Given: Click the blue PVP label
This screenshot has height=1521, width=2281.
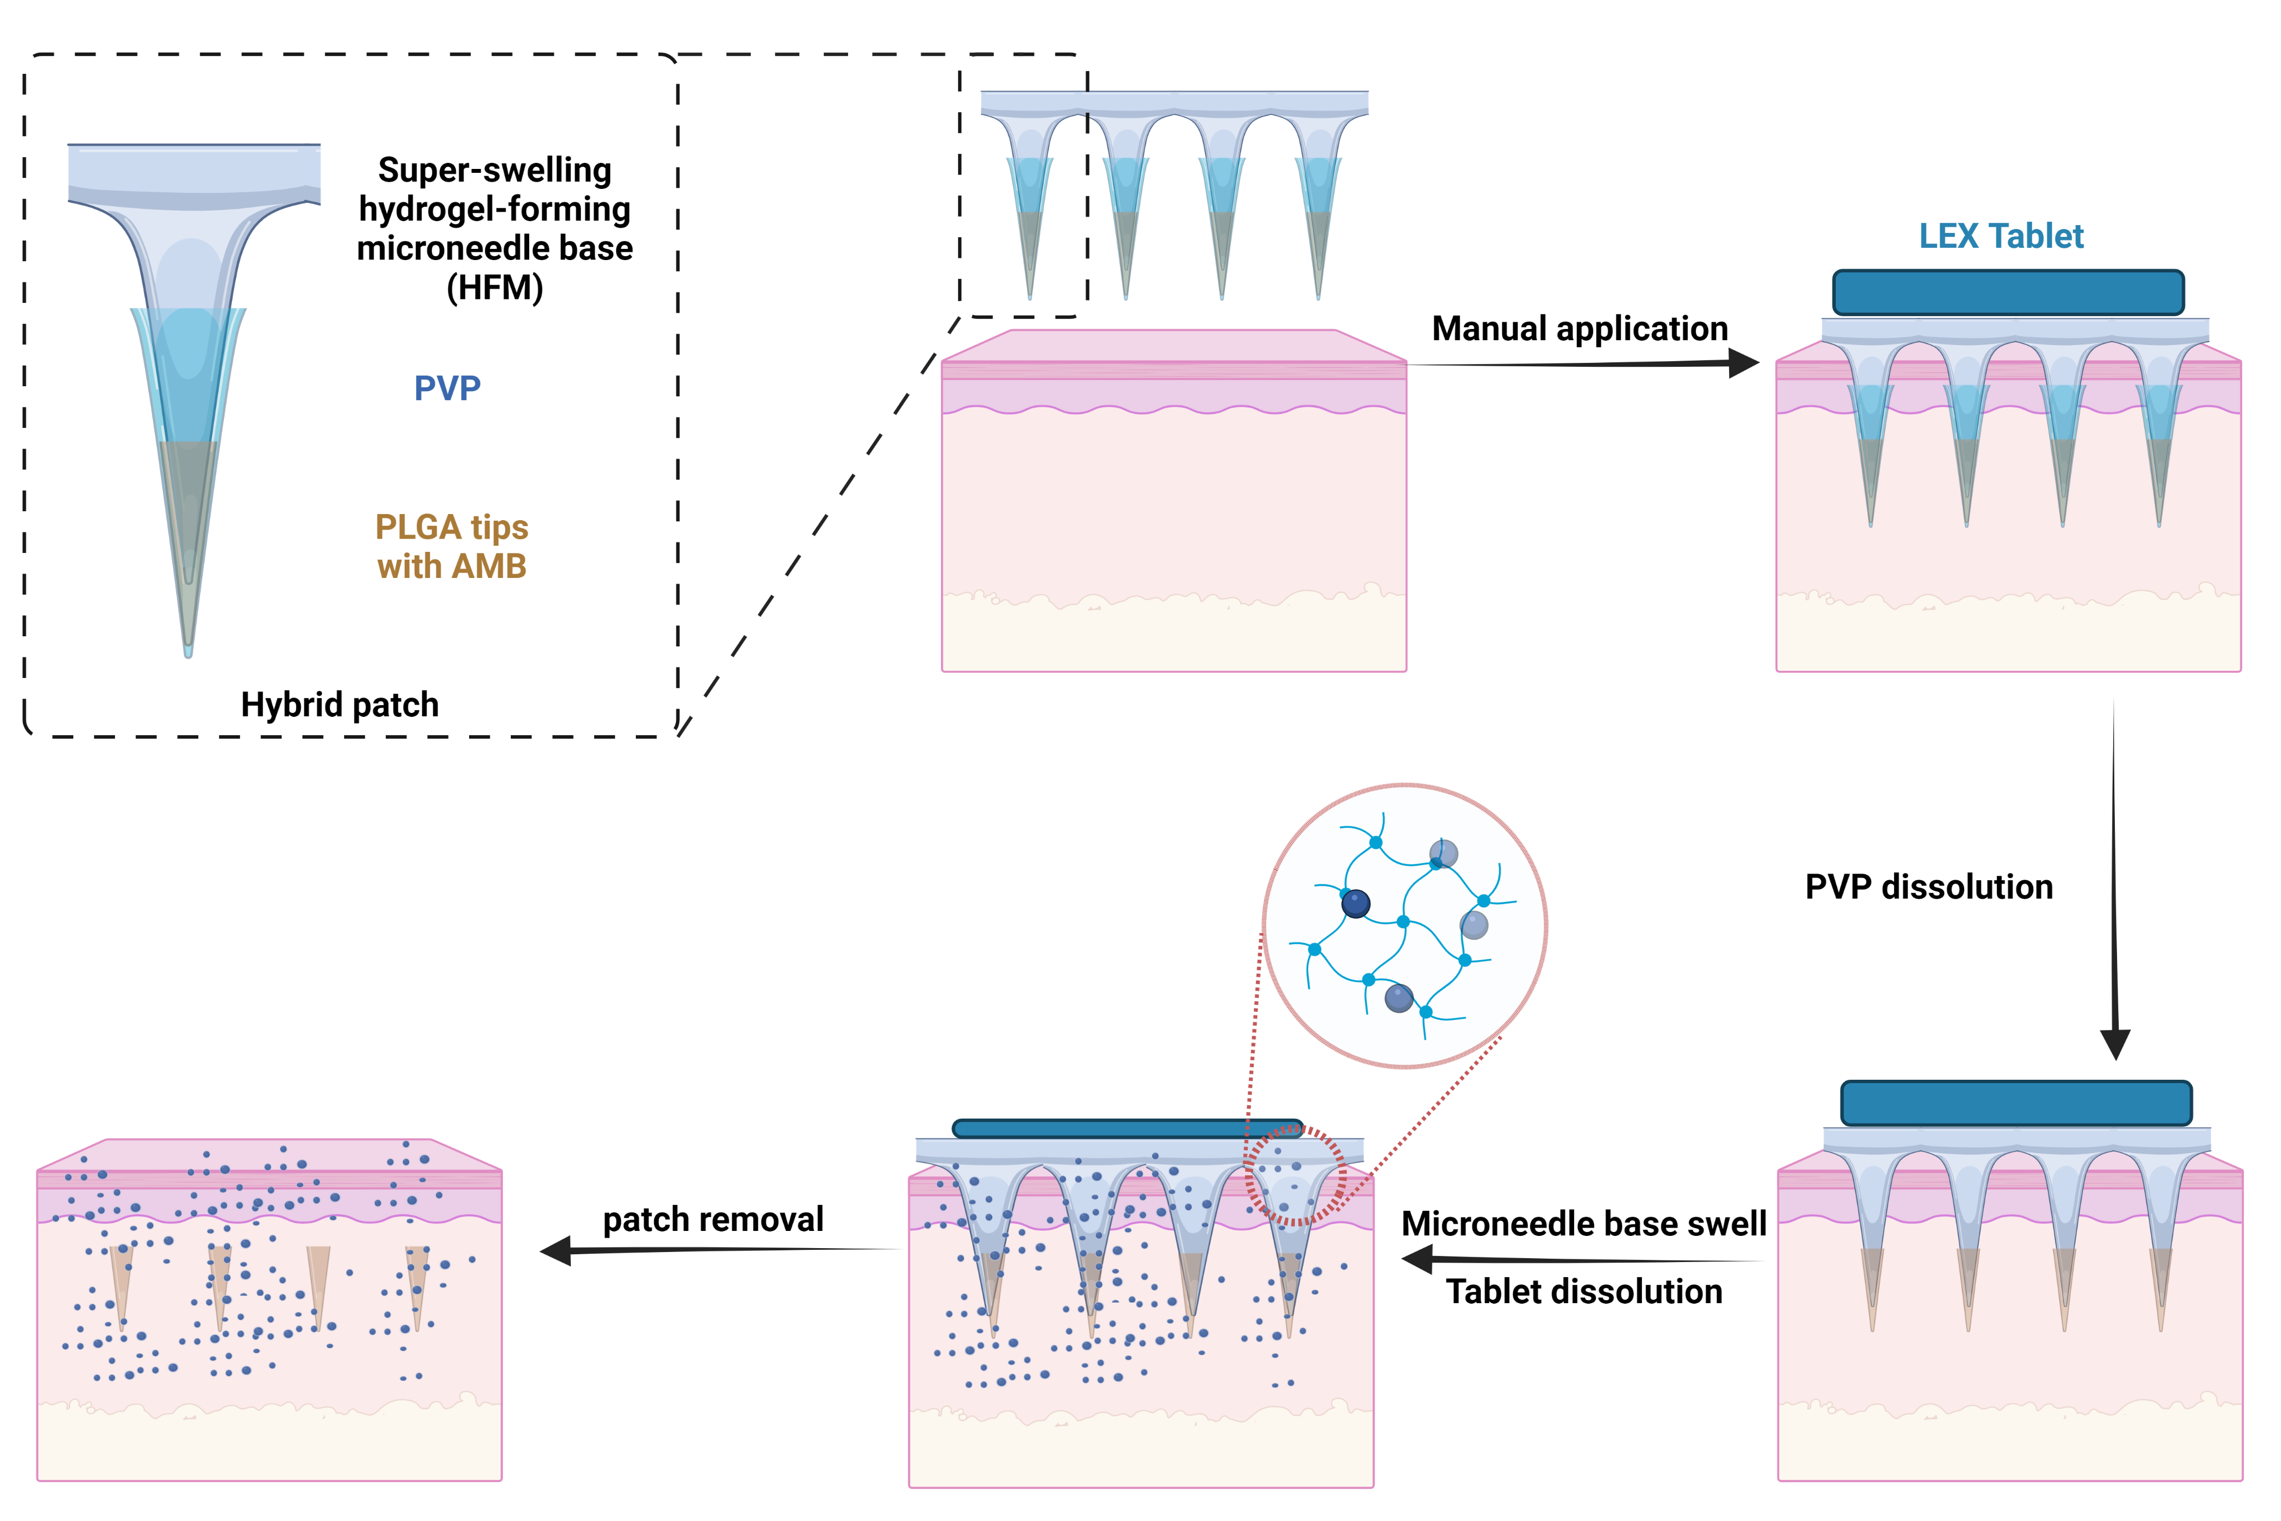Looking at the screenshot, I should coord(447,388).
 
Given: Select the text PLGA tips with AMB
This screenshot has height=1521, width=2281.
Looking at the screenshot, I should coord(451,546).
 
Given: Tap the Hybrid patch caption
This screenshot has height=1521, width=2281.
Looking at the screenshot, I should coord(340,704).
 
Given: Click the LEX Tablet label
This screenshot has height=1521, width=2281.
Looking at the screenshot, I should coord(2001,236).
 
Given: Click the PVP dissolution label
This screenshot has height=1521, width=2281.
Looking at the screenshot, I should coord(1929,886).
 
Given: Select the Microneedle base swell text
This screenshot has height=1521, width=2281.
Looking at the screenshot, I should coord(1583,1223).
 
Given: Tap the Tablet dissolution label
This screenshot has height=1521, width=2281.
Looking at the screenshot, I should coord(1583,1291).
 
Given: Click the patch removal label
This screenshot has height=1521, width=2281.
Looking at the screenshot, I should coord(713,1219).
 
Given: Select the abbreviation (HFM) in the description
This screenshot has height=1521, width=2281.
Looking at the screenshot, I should coord(495,288).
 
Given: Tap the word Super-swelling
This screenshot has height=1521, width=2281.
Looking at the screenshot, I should coord(495,169).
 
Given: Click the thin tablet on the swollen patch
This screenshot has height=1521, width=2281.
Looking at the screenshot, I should coord(1127,1128).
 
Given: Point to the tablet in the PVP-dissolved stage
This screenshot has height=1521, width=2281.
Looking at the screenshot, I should coord(2016,1104).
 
